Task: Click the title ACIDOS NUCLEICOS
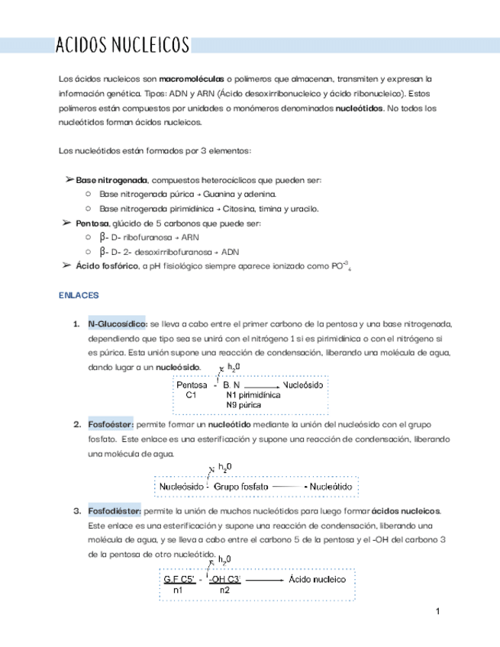(123, 45)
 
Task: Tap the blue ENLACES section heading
(79, 294)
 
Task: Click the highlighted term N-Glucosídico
(118, 323)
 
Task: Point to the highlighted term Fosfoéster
(111, 424)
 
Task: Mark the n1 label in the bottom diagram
(177, 591)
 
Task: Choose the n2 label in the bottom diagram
(224, 591)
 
